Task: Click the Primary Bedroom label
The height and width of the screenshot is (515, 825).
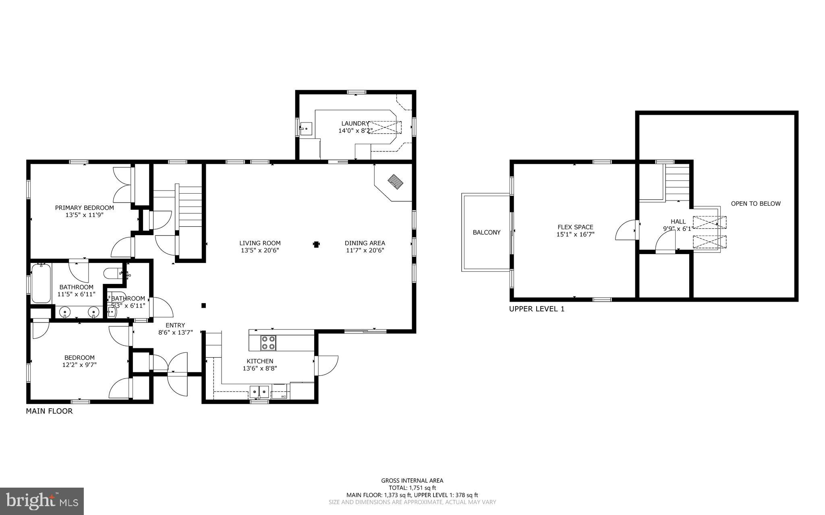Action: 84,208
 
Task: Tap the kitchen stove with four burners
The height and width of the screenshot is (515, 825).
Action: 268,343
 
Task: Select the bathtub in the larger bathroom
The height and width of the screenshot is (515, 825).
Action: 41,283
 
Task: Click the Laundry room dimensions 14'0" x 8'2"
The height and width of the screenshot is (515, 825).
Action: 355,131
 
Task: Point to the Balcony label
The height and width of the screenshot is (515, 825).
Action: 486,232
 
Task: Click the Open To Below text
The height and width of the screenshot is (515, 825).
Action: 756,204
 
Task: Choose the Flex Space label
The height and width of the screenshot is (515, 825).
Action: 575,227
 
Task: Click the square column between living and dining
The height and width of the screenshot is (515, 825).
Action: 316,244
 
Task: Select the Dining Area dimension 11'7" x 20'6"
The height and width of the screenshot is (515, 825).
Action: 365,250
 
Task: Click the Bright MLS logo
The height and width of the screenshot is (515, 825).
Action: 41,501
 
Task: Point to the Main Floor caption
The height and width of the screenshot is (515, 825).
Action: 49,411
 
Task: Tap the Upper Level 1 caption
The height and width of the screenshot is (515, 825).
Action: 537,309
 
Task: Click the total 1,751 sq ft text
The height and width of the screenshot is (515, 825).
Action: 412,488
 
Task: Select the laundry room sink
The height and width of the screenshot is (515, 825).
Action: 306,129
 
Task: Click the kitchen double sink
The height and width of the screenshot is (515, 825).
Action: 259,391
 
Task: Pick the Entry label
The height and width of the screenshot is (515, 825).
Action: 175,325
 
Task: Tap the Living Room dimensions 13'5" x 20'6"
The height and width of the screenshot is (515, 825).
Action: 260,250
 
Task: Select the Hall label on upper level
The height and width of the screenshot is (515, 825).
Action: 678,221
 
